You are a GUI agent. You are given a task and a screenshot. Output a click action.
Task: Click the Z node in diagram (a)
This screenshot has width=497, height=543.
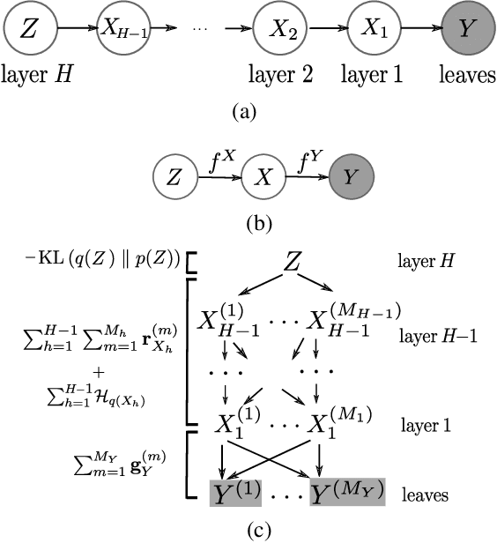[28, 30]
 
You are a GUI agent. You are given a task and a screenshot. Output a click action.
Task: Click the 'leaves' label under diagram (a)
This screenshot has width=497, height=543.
[465, 76]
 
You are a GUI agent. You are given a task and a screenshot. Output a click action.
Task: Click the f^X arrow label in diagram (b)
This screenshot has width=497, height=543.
[218, 160]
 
